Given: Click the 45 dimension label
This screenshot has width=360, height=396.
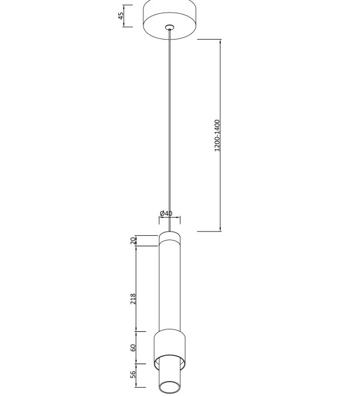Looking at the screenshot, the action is point(121,16).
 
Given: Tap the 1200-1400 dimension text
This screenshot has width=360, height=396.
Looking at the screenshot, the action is point(217,136).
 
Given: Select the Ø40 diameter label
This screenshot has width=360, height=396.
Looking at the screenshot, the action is point(166,214).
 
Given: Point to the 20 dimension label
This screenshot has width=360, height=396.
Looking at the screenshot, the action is point(133,241).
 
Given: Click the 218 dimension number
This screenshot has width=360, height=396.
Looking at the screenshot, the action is point(133,299).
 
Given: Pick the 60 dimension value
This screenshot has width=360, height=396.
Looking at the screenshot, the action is point(133,347).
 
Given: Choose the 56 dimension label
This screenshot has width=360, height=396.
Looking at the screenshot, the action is point(133,374).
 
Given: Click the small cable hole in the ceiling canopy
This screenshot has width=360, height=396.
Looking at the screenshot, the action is point(170,27).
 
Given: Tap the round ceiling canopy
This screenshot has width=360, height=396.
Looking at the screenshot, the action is point(170,20).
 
